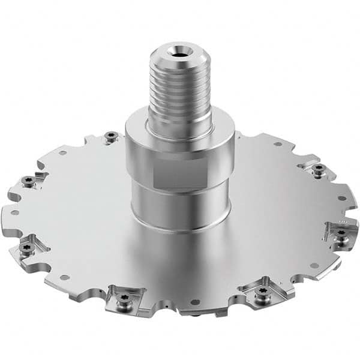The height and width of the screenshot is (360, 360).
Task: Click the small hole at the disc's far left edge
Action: [x=15, y=212]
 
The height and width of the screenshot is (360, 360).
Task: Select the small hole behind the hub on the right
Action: [x=278, y=144]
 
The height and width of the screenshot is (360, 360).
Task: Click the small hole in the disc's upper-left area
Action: [x=63, y=152]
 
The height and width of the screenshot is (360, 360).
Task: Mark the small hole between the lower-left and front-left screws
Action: [x=63, y=277]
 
